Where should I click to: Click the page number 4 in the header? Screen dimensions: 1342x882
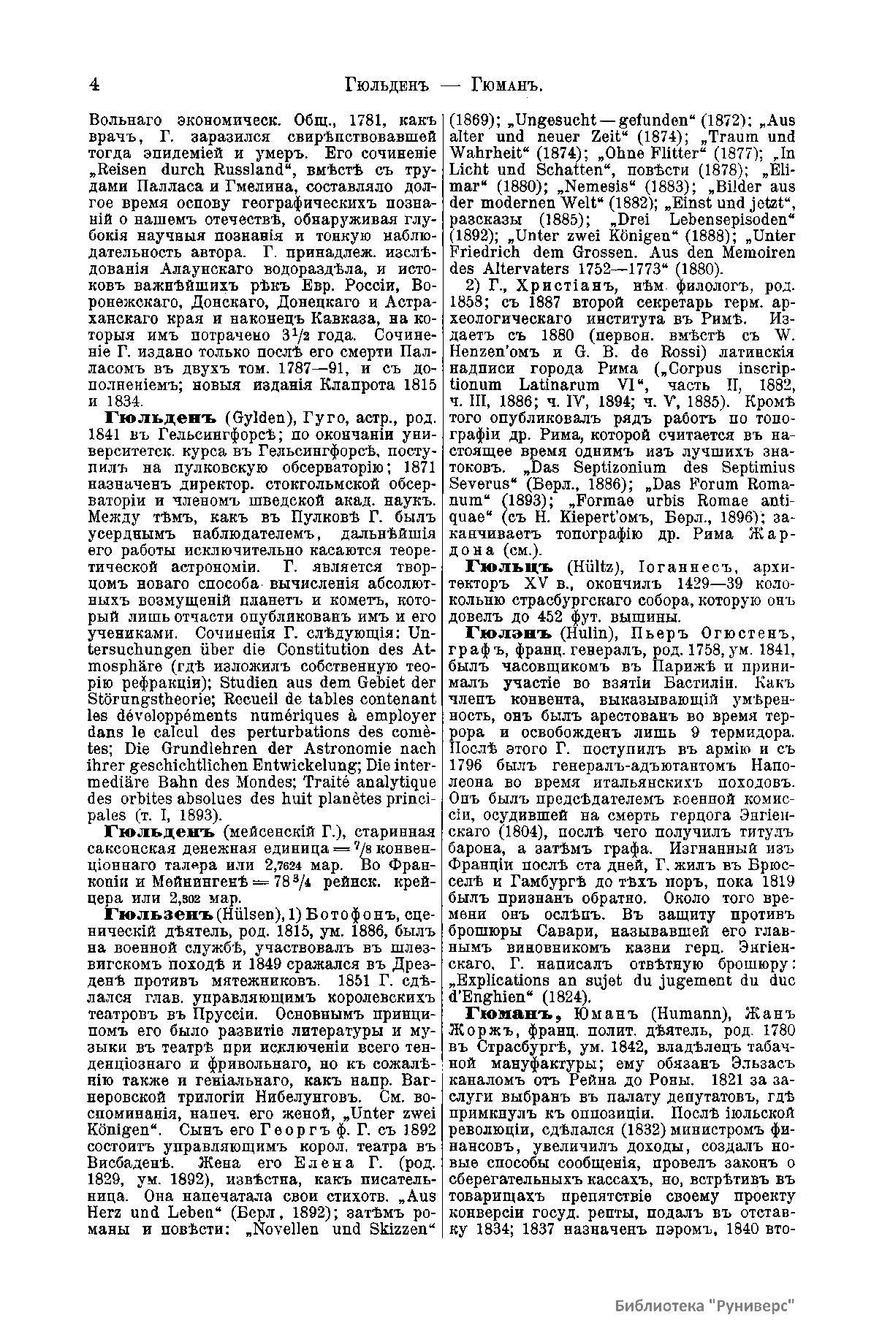click(x=94, y=85)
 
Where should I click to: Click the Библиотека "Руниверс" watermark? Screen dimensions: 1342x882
click(x=704, y=1306)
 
